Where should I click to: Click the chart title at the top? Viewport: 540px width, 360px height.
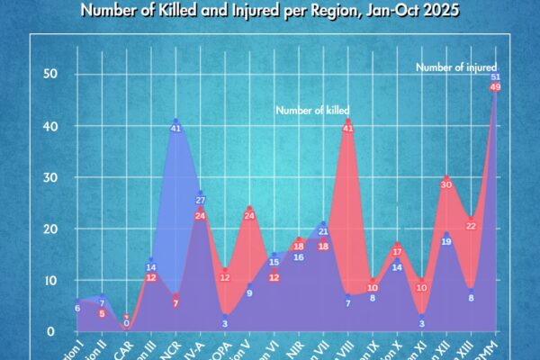[x=270, y=12]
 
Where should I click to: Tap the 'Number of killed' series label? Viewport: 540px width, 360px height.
[x=312, y=111]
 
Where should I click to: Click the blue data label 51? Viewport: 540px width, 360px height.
[x=496, y=76]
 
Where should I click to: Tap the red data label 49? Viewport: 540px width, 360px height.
[x=496, y=86]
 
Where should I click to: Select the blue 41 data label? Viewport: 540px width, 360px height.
[x=175, y=128]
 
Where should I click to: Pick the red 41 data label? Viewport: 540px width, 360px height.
[x=348, y=128]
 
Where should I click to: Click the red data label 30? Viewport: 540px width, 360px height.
[x=446, y=184]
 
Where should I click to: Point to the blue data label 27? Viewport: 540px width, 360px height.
[x=201, y=200]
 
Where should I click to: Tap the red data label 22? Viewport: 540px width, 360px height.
[x=471, y=226]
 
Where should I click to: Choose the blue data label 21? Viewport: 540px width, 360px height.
[x=323, y=231]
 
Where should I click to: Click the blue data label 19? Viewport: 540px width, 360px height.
[x=446, y=241]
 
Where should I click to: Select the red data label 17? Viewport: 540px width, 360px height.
[x=397, y=251]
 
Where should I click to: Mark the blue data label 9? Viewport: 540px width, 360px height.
[x=249, y=292]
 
